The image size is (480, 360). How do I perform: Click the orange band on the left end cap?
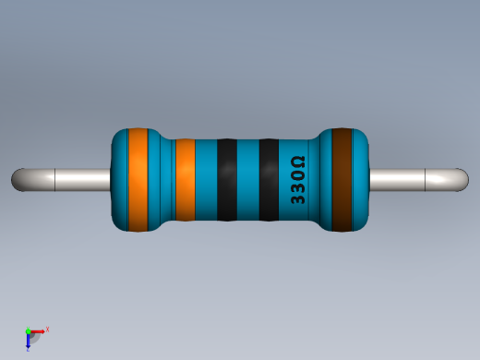tap(138, 180)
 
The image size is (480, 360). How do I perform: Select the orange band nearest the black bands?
tap(185, 180)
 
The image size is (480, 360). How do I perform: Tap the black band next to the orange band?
tap(226, 180)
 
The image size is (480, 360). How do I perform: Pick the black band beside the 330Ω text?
tap(269, 180)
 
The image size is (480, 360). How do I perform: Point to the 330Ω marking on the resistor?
tap(298, 180)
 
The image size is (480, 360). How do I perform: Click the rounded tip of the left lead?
tap(18, 180)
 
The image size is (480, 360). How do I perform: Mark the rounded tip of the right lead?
tap(462, 180)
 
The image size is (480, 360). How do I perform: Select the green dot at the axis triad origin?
tap(29, 330)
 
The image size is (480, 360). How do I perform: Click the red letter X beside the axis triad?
tap(47, 329)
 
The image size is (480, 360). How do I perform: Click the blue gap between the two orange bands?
tap(162, 180)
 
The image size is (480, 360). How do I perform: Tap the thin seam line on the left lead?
tap(55, 180)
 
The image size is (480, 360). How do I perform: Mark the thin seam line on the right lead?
tap(425, 180)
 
